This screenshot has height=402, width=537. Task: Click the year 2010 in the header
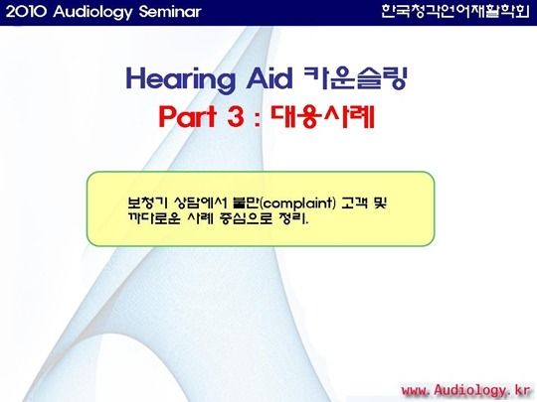[x=26, y=12]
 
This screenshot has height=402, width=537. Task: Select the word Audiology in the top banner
[x=92, y=13]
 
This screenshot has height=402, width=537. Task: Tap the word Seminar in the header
[x=170, y=12]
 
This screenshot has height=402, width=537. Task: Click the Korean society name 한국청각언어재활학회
[x=455, y=11]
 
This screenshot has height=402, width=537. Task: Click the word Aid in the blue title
[x=269, y=78]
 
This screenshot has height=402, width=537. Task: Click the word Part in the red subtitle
[x=188, y=116]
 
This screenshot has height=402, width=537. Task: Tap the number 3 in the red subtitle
[x=236, y=116]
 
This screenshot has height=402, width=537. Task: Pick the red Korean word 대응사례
[x=322, y=116]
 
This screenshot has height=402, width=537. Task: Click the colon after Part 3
[x=258, y=119]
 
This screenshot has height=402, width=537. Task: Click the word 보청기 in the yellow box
[x=147, y=202]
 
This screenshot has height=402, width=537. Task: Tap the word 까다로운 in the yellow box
[x=154, y=218]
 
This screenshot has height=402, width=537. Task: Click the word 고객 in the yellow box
[x=354, y=203]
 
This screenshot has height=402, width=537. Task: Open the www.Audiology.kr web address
[x=465, y=390]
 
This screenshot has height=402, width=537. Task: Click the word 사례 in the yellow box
[x=200, y=218]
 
